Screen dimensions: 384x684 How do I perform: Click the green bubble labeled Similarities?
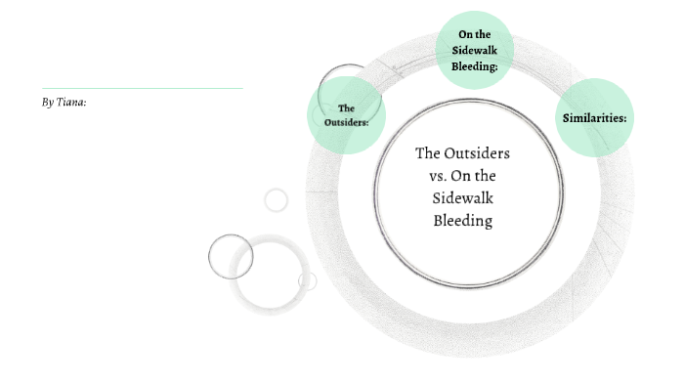pyautogui.click(x=594, y=118)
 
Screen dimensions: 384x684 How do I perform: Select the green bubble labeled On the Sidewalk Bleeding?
pyautogui.click(x=474, y=51)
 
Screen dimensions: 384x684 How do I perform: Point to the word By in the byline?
pyautogui.click(x=47, y=102)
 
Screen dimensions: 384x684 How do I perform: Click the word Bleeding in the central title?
pyautogui.click(x=463, y=221)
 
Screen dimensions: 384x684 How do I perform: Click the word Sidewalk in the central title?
pyautogui.click(x=463, y=198)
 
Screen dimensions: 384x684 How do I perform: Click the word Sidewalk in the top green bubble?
pyautogui.click(x=475, y=51)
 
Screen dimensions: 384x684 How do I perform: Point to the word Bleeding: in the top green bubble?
pyautogui.click(x=475, y=66)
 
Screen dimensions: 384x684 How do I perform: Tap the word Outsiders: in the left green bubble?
pyautogui.click(x=346, y=122)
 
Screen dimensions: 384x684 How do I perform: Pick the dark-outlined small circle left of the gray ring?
pyautogui.click(x=231, y=257)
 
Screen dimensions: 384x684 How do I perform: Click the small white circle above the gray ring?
pyautogui.click(x=277, y=200)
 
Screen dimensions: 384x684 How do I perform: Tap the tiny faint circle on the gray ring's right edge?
pyautogui.click(x=308, y=281)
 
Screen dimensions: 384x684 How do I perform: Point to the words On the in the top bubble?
pyautogui.click(x=474, y=35)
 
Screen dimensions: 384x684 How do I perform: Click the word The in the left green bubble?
pyautogui.click(x=345, y=107)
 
